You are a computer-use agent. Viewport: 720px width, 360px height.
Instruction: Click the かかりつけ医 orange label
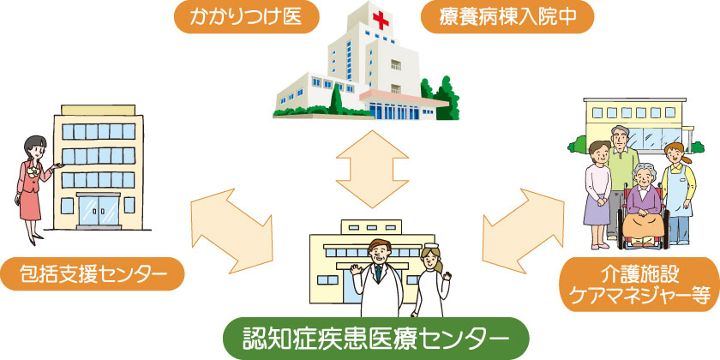click(246, 16)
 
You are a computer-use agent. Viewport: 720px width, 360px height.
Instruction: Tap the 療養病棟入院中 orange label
click(507, 16)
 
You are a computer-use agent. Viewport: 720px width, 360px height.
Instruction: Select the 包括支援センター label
click(93, 274)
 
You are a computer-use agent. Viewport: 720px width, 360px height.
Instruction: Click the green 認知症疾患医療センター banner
click(375, 339)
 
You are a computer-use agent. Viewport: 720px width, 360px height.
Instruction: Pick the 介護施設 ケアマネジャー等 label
click(640, 285)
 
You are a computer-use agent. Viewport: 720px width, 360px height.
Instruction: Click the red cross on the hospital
click(381, 21)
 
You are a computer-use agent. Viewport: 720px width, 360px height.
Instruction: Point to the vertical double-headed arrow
click(372, 169)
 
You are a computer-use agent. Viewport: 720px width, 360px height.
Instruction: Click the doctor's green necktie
click(377, 272)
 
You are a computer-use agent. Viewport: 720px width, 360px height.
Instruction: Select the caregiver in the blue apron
click(678, 193)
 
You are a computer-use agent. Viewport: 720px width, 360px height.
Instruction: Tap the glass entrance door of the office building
click(99, 211)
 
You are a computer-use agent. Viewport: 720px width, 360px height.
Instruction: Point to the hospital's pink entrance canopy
click(404, 99)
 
